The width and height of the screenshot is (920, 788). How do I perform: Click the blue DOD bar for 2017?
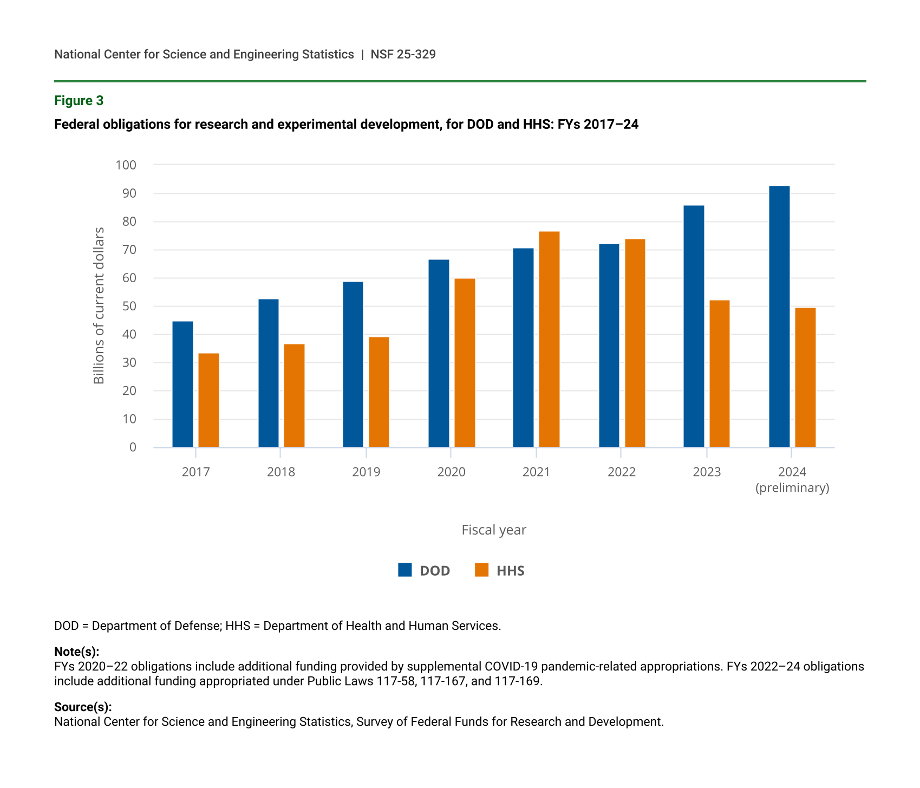(x=182, y=384)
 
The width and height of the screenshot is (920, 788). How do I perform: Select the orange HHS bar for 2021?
(x=549, y=339)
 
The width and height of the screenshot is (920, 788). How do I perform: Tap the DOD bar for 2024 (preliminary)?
(x=779, y=316)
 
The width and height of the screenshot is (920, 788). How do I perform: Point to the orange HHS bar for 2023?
(x=720, y=373)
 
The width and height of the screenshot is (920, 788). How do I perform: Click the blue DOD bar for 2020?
(x=439, y=353)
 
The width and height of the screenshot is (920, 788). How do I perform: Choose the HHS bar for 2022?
(x=635, y=343)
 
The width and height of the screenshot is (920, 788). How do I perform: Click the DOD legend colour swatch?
(x=405, y=570)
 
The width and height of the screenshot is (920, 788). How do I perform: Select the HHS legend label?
(x=510, y=571)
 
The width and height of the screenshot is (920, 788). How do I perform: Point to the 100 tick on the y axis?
(x=126, y=165)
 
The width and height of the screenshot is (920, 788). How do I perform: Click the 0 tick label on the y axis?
(x=133, y=447)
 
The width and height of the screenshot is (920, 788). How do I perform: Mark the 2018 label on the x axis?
(x=281, y=472)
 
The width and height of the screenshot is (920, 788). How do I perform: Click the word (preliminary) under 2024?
(x=792, y=488)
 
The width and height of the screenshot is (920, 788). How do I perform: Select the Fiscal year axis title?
(x=494, y=530)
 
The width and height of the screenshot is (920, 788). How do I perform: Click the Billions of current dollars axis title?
(x=99, y=305)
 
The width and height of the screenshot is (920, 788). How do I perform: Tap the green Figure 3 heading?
(x=79, y=101)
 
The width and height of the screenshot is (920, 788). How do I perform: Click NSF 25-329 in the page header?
(x=403, y=54)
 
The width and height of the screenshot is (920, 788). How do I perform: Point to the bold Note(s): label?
(x=77, y=652)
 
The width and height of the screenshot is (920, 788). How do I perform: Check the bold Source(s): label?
(x=83, y=707)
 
